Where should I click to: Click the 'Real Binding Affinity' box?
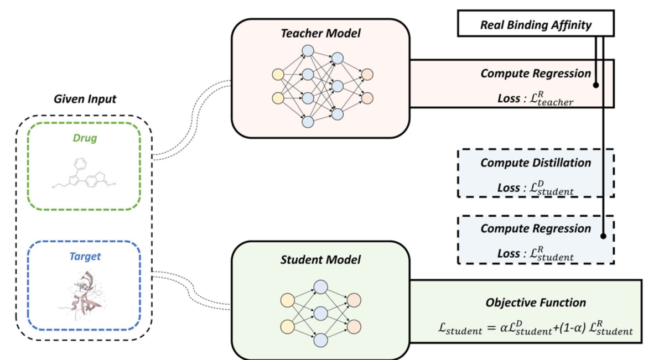tap(536, 25)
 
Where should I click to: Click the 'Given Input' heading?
tap(85, 100)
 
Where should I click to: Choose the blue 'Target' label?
tap(85, 257)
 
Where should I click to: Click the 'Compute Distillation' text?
tap(536, 163)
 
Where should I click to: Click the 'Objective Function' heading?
tap(536, 303)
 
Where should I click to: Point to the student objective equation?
tap(535, 329)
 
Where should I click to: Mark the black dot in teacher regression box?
tap(596, 85)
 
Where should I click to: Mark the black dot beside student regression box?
tap(603, 236)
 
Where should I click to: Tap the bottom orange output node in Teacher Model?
tap(367, 98)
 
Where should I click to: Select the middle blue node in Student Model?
tap(321, 314)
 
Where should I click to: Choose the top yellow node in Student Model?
tap(287, 301)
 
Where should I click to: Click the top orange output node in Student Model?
tap(355, 301)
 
